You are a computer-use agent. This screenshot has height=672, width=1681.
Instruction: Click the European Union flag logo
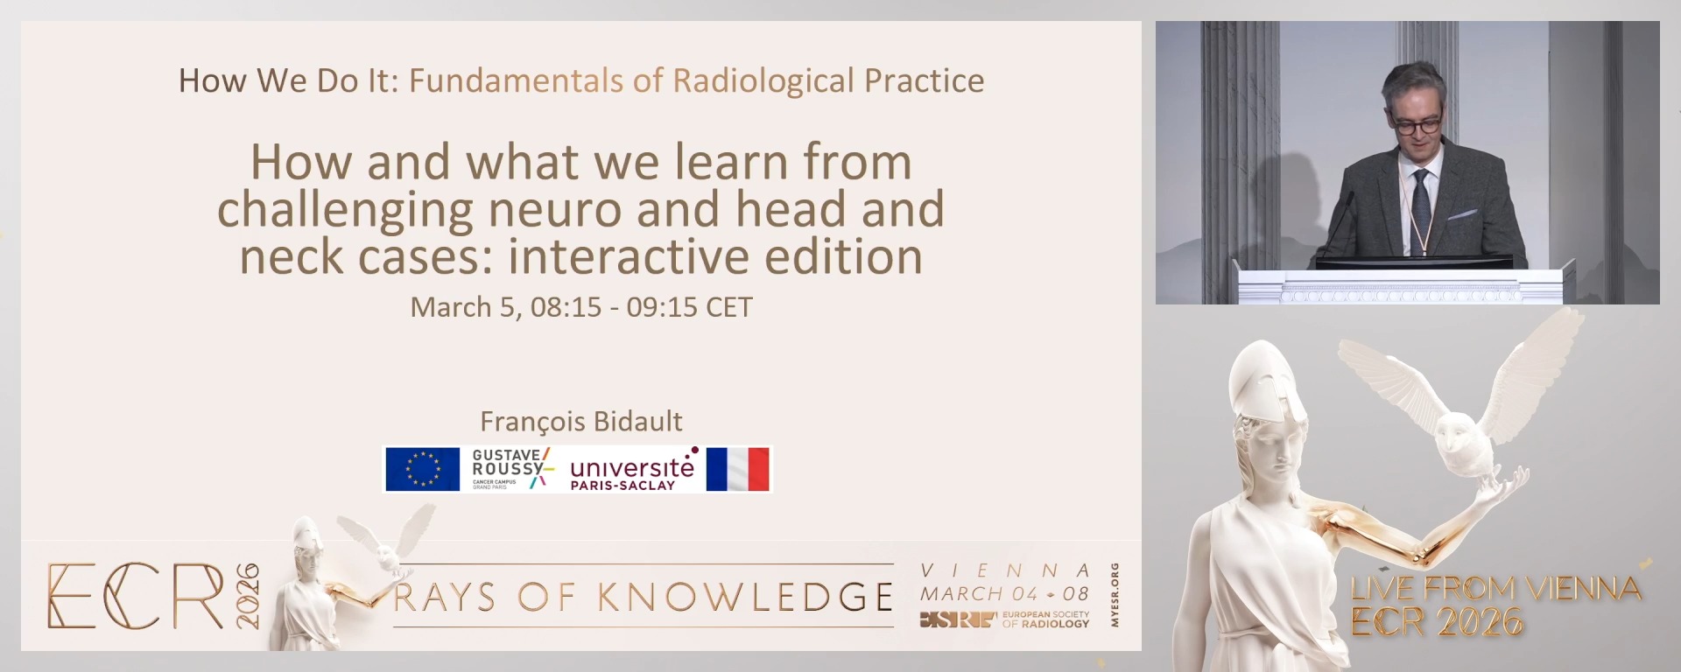[x=422, y=469]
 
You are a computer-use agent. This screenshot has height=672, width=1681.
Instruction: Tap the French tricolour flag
[x=738, y=469]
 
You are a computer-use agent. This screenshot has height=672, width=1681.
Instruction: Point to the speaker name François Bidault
[x=581, y=422]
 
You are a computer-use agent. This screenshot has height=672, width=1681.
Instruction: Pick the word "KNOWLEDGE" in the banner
[x=745, y=598]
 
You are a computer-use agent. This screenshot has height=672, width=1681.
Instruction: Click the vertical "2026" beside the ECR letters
[x=247, y=596]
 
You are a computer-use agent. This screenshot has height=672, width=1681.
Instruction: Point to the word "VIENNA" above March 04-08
[x=1005, y=570]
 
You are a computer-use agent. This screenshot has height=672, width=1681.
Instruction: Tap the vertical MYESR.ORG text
[x=1115, y=595]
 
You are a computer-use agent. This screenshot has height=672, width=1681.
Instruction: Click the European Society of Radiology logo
[x=1004, y=619]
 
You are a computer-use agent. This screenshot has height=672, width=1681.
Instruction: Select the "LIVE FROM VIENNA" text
[x=1495, y=589]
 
